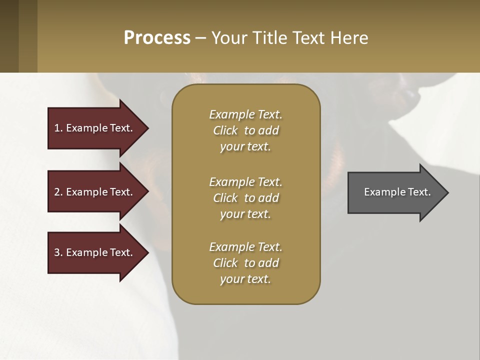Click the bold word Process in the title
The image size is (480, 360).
[157, 38]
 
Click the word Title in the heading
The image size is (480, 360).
[269, 38]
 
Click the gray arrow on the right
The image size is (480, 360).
[395, 192]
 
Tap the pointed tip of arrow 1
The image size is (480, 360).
[147, 128]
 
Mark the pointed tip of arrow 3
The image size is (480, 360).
[147, 252]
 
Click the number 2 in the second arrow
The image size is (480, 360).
[57, 192]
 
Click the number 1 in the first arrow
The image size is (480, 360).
[57, 128]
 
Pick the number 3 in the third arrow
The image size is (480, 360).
[57, 252]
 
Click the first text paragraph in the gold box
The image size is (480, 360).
[245, 130]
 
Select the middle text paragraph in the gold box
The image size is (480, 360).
[245, 198]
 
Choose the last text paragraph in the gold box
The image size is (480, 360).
[245, 263]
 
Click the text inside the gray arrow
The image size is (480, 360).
[397, 192]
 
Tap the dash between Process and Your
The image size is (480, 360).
[200, 38]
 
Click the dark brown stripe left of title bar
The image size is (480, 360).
[9, 36]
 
